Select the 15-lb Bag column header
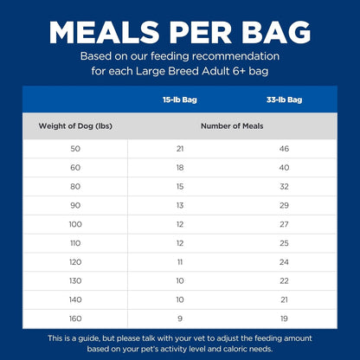pyautogui.click(x=179, y=100)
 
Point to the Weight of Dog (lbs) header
pyautogui.click(x=75, y=126)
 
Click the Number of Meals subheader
pyautogui.click(x=232, y=126)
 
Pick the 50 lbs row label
pyautogui.click(x=75, y=149)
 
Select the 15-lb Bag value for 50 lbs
pyautogui.click(x=179, y=149)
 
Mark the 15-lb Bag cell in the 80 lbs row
pyautogui.click(x=179, y=186)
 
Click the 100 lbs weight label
pyautogui.click(x=75, y=223)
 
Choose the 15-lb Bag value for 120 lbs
pyautogui.click(x=179, y=260)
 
